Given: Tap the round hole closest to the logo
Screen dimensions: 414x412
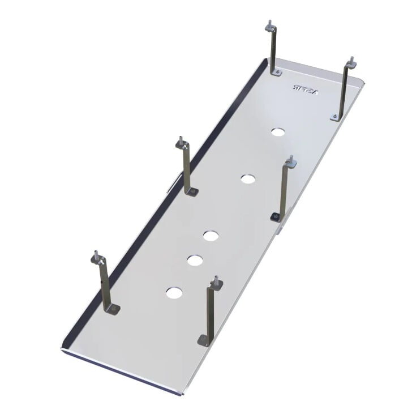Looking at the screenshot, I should (277, 132).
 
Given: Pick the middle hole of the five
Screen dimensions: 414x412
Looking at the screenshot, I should (211, 235).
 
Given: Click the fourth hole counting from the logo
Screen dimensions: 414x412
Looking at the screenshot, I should (195, 260).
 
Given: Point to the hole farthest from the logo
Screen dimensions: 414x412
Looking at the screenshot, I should (174, 293).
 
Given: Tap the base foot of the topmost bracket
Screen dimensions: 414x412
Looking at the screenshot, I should (276, 72).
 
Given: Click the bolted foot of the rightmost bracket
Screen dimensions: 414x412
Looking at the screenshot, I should (336, 117).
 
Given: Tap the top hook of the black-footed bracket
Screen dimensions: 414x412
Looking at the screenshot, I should (290, 161).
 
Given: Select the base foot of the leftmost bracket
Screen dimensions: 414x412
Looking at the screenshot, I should (113, 309).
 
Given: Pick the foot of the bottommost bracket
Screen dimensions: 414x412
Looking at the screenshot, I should (204, 340).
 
